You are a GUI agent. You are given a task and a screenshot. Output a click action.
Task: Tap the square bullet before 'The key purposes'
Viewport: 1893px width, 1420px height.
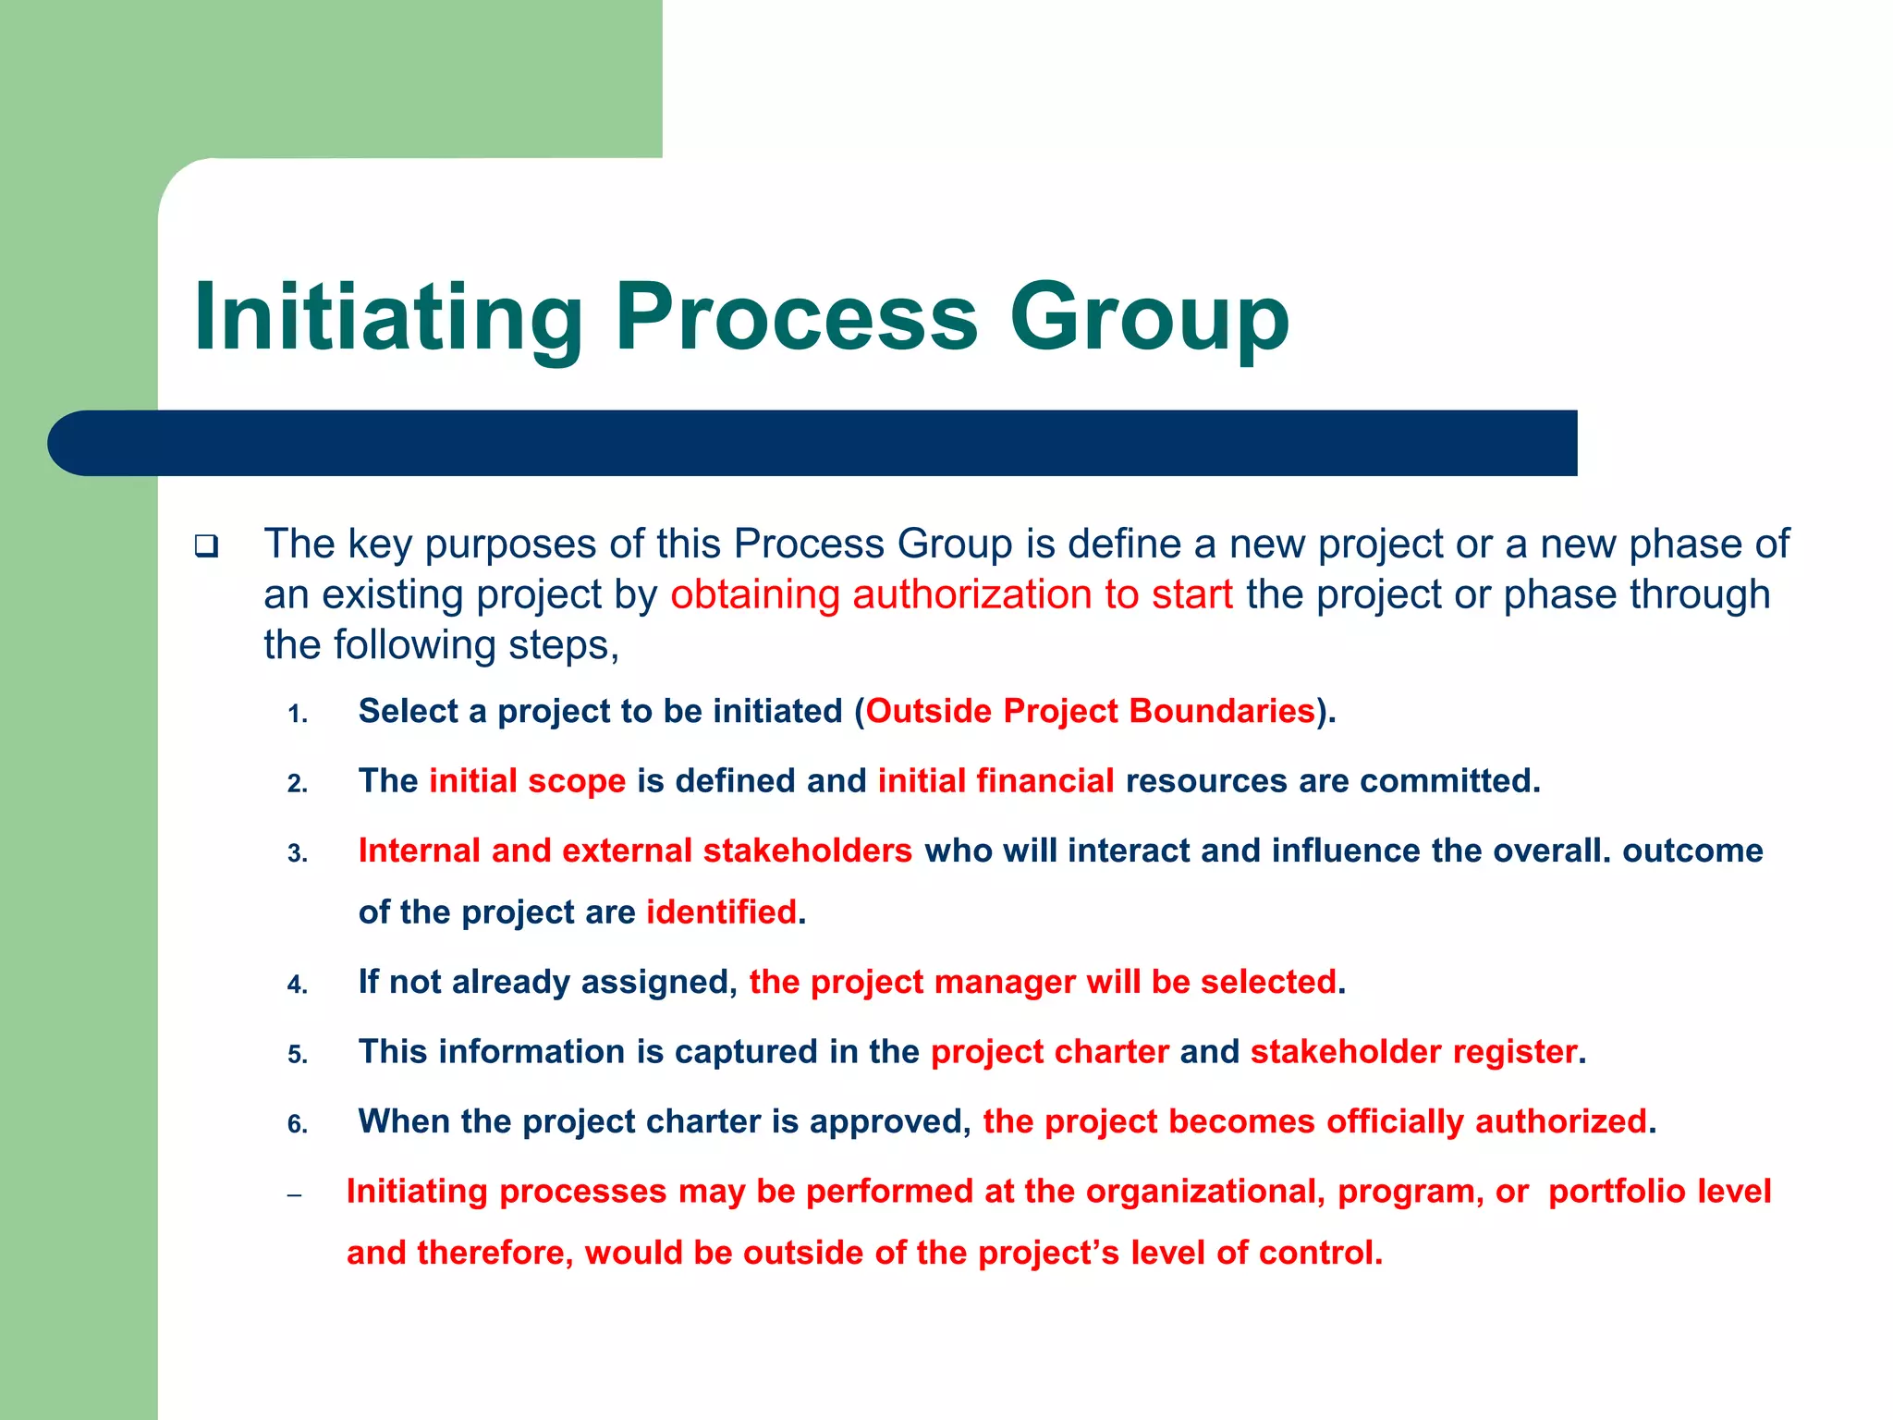(x=206, y=545)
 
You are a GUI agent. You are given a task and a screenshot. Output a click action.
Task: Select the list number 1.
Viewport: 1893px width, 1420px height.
(x=297, y=715)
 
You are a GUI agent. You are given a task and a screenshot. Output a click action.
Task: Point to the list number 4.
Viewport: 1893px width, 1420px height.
(x=297, y=985)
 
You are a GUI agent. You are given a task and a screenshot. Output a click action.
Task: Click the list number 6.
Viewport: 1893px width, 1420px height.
(x=297, y=1124)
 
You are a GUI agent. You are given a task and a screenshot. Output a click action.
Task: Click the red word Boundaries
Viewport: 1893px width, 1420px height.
(x=1221, y=711)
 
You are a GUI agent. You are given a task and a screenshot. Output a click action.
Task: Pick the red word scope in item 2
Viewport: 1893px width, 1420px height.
(x=576, y=781)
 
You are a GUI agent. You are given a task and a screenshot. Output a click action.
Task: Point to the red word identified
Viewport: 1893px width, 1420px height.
(x=721, y=912)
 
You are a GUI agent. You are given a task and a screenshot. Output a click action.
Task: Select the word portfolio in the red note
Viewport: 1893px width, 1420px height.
(x=1609, y=1192)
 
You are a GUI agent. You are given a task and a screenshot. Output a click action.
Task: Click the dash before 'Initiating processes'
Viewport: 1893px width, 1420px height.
(x=295, y=1195)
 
